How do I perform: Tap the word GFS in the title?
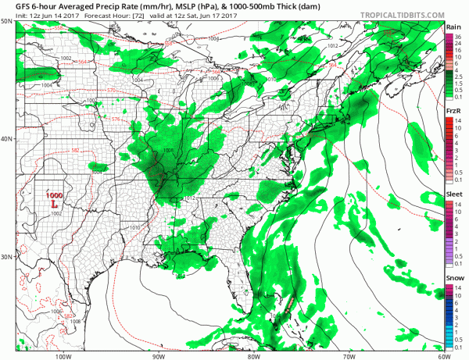point(14,5)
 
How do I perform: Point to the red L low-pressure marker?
point(53,204)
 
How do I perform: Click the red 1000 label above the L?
point(53,194)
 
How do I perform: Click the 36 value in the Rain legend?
point(460,36)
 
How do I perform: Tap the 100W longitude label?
point(63,355)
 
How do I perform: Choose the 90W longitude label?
point(159,355)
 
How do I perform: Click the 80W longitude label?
point(253,355)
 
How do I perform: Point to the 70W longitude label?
point(349,355)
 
